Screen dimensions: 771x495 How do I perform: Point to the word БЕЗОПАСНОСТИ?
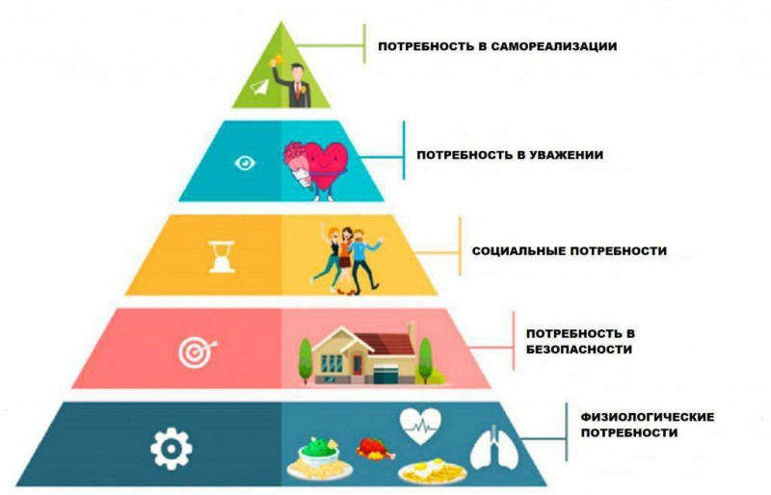(x=579, y=350)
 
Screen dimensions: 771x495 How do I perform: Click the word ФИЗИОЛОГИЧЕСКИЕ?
(x=647, y=417)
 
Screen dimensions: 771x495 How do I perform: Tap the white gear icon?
(x=172, y=449)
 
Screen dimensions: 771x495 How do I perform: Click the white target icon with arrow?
(x=198, y=351)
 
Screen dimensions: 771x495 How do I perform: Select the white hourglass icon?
(x=222, y=256)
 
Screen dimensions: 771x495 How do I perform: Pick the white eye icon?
(x=245, y=163)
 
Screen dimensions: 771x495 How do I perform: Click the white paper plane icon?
(x=259, y=88)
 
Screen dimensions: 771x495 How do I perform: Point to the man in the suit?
(x=295, y=84)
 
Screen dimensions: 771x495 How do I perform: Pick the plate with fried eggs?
(x=433, y=473)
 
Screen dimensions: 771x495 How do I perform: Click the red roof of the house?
(x=386, y=344)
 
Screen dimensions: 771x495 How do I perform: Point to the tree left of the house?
(x=306, y=360)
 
